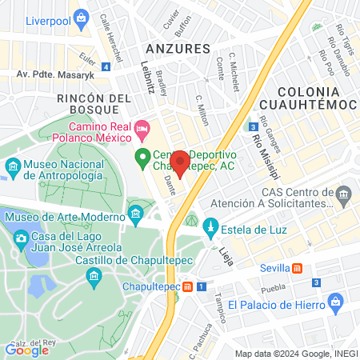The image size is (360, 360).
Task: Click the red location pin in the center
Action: pyautogui.click(x=180, y=162)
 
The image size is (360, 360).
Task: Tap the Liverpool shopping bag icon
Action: pyautogui.click(x=81, y=18)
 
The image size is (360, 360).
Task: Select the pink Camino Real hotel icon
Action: pyautogui.click(x=142, y=128)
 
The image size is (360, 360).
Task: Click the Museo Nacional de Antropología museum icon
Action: pyautogui.click(x=13, y=168)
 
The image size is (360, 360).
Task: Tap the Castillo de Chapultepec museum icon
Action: pyautogui.click(x=95, y=276)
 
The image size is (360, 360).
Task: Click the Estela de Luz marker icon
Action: pyautogui.click(x=211, y=225)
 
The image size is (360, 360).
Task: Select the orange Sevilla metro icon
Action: pyautogui.click(x=298, y=269)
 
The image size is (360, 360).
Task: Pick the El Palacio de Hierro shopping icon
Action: pyautogui.click(x=337, y=304)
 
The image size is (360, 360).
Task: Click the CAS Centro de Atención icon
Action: pyautogui.click(x=343, y=194)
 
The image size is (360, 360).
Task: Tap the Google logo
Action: pyautogui.click(x=26, y=349)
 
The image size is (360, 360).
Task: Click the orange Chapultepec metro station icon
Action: pyautogui.click(x=187, y=286)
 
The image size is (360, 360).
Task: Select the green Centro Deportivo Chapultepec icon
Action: pyautogui.click(x=143, y=157)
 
